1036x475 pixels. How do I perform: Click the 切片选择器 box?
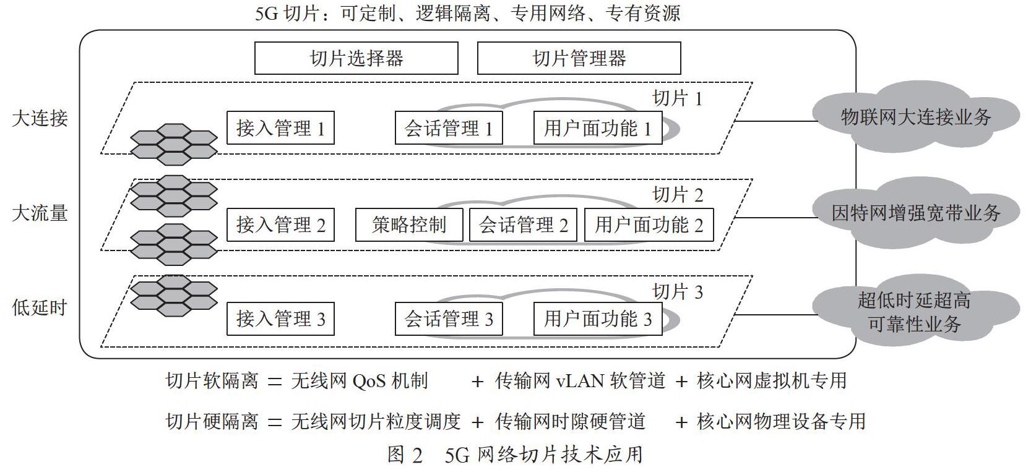pyautogui.click(x=356, y=58)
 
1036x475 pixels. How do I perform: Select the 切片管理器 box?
pyautogui.click(x=579, y=58)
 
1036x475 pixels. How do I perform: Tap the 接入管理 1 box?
pyautogui.click(x=280, y=128)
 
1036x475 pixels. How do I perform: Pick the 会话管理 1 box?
pyautogui.click(x=449, y=128)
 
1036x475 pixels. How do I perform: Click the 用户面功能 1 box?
pyautogui.click(x=598, y=128)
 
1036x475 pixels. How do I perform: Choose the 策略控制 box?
pyautogui.click(x=409, y=225)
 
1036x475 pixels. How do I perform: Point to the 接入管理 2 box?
pyautogui.click(x=280, y=225)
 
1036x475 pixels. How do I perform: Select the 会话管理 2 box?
pyautogui.click(x=523, y=225)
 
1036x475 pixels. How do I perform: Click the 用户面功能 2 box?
pyautogui.click(x=649, y=225)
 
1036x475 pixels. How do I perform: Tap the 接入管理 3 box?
pyautogui.click(x=280, y=319)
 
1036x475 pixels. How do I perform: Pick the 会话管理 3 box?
pyautogui.click(x=449, y=319)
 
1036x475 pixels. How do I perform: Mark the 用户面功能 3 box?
pyautogui.click(x=598, y=319)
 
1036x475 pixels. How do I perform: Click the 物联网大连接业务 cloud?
pyautogui.click(x=916, y=117)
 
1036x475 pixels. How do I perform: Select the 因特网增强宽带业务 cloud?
pyautogui.click(x=916, y=213)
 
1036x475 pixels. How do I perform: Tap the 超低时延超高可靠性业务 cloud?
pyautogui.click(x=916, y=312)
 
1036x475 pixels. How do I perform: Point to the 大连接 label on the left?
pyautogui.click(x=40, y=118)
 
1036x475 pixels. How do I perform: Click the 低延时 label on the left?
pyautogui.click(x=40, y=307)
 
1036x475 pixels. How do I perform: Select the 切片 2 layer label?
pyautogui.click(x=678, y=195)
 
